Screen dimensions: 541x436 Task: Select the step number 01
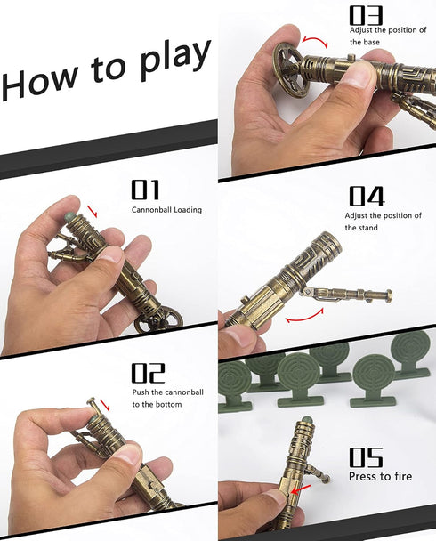[145, 189]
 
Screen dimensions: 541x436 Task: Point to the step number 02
[149, 372]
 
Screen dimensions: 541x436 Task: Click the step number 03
[365, 14]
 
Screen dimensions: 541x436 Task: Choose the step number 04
[366, 196]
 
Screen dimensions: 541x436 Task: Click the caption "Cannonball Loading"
[168, 210]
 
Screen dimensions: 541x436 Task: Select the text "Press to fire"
[381, 476]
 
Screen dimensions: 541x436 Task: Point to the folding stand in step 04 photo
[347, 295]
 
